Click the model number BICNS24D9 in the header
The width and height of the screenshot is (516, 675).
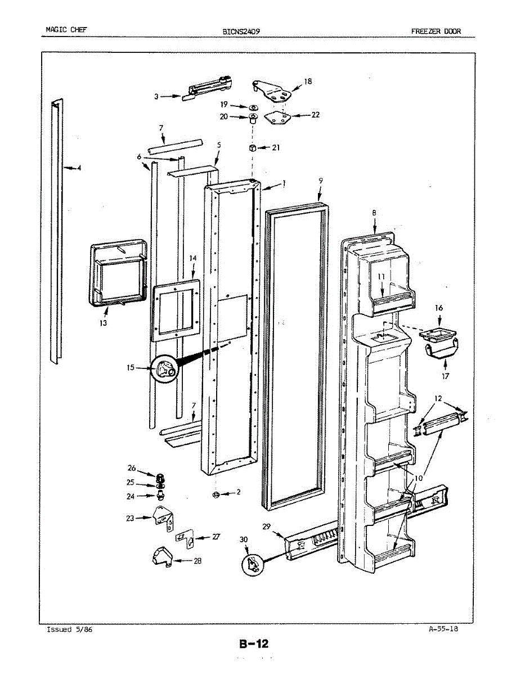241,31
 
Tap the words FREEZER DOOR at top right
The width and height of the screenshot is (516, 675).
436,31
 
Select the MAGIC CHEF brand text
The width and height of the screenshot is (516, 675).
66,29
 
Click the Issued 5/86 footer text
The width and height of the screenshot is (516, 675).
69,629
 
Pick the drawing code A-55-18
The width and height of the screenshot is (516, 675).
443,629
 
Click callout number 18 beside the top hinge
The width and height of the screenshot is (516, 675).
308,81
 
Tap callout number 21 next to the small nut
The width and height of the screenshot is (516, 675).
276,147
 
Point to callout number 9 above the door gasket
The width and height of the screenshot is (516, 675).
321,181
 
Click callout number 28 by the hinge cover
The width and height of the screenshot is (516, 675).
198,561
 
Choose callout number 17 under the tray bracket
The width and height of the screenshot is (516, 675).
445,376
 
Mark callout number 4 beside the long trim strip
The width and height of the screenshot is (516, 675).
79,168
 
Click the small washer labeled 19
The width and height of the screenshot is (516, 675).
253,107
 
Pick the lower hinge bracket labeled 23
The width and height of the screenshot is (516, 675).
163,519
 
